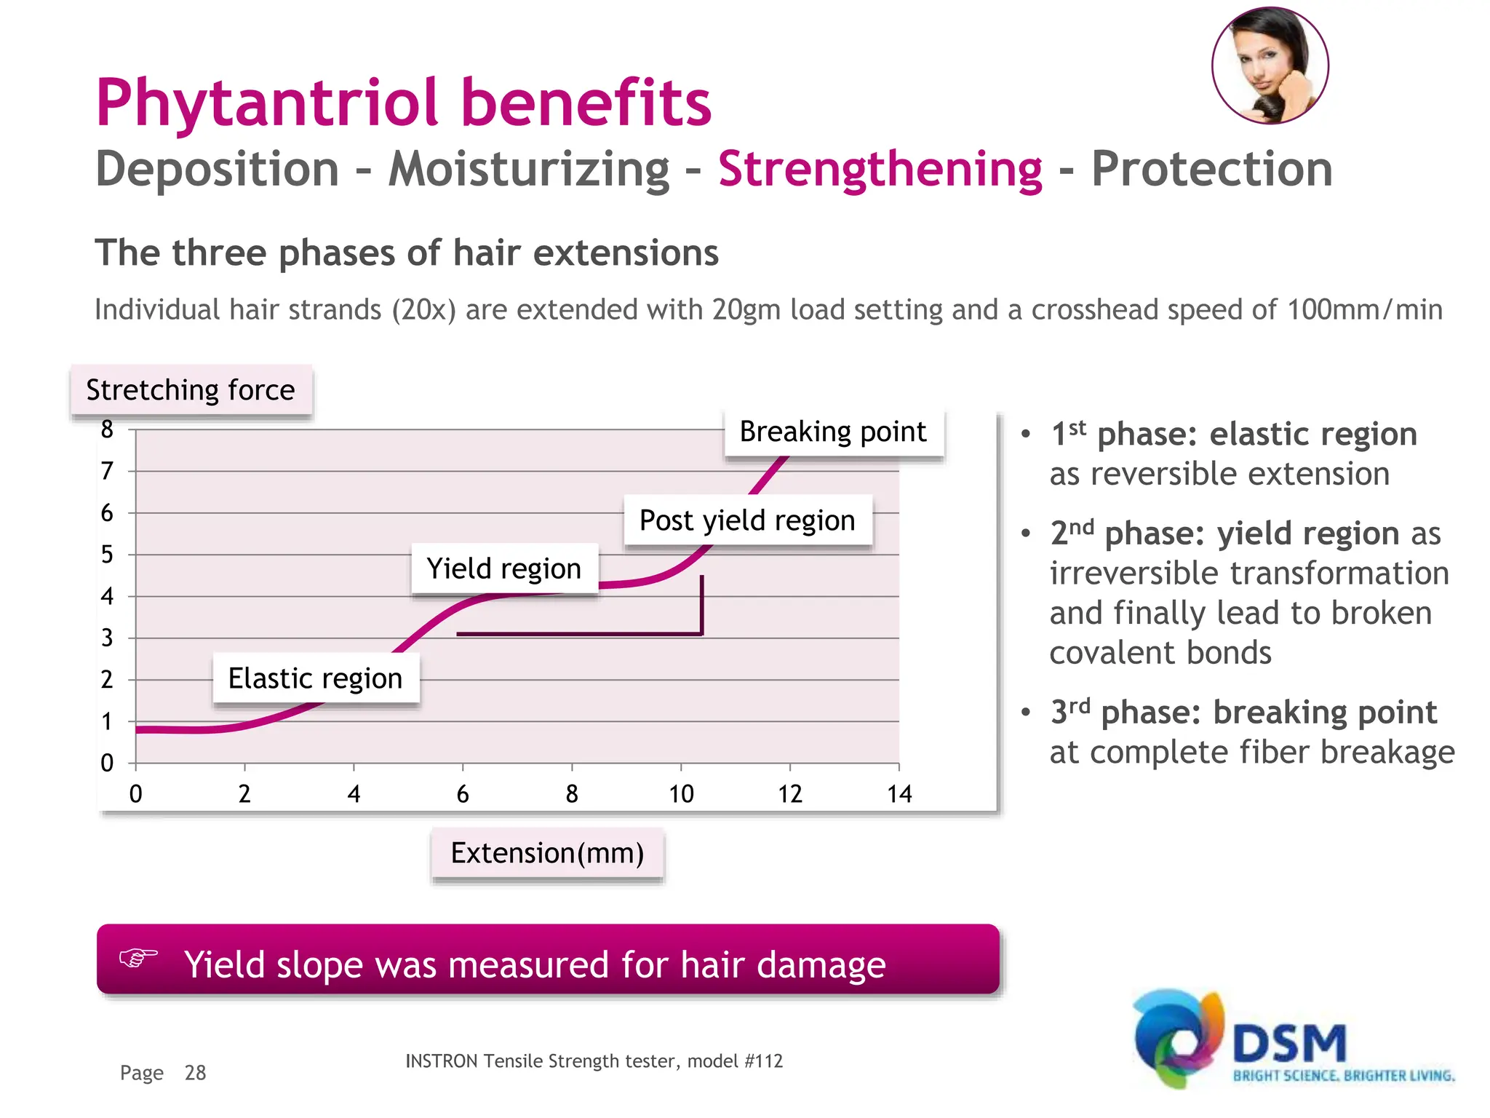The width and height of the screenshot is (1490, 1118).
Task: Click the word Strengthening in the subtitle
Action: point(880,170)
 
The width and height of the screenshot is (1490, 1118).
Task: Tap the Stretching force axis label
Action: point(191,390)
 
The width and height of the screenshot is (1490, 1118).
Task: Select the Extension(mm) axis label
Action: point(547,853)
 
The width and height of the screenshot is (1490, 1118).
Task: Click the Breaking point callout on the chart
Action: point(833,432)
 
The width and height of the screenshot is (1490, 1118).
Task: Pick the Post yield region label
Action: point(747,520)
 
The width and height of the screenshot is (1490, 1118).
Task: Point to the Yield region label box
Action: point(504,568)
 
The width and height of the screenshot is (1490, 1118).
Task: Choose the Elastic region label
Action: point(315,678)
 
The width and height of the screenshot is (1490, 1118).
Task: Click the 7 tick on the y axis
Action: point(107,471)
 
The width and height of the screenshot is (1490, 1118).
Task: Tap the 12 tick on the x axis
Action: point(790,793)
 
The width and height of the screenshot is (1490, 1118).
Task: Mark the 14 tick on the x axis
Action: point(899,793)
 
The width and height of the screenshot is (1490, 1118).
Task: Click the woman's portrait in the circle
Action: point(1270,66)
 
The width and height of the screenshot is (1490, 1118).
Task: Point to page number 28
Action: point(195,1073)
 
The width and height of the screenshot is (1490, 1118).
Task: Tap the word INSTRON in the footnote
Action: point(441,1061)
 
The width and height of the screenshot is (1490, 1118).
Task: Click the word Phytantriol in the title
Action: point(266,103)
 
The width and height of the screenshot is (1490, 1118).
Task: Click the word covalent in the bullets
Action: point(1103,653)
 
